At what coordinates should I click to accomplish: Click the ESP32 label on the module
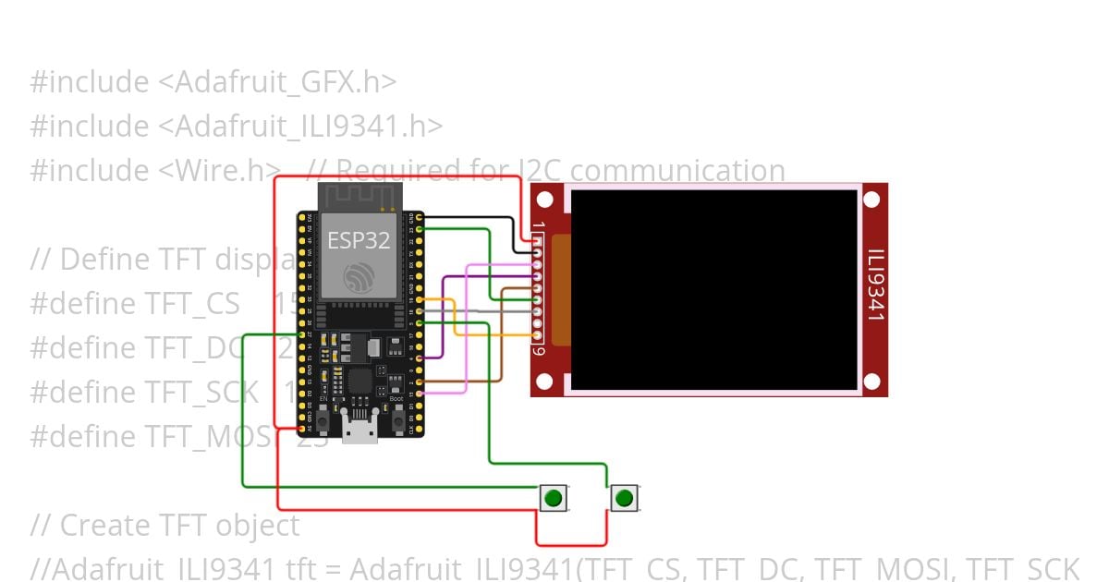(x=359, y=241)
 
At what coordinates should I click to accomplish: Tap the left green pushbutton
(x=553, y=499)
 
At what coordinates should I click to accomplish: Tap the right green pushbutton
(x=625, y=499)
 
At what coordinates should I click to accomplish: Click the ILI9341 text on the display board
(x=876, y=285)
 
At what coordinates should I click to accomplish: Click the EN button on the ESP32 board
(x=323, y=421)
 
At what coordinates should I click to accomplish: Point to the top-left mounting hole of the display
(x=545, y=199)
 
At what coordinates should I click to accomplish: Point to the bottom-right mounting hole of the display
(x=871, y=381)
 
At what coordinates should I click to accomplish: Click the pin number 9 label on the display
(x=539, y=350)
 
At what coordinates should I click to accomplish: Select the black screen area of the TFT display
(x=713, y=289)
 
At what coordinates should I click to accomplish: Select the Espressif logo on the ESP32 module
(x=359, y=277)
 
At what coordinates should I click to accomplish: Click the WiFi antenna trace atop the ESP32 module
(x=359, y=196)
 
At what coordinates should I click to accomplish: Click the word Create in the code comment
(x=103, y=526)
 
